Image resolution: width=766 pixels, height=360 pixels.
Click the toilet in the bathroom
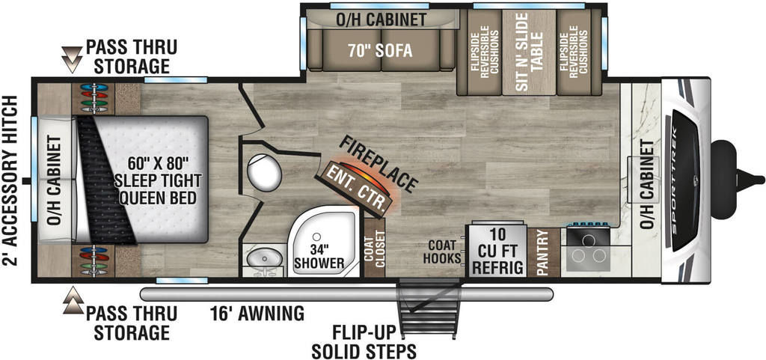pyautogui.click(x=264, y=174)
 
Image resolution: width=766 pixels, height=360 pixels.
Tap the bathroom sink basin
pyautogui.click(x=264, y=257)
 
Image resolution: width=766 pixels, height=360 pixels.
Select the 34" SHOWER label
pyautogui.click(x=319, y=256)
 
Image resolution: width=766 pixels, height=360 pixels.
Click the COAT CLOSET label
pyautogui.click(x=375, y=248)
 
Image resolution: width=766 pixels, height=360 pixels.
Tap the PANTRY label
pyautogui.click(x=543, y=252)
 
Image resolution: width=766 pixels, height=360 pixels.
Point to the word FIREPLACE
pyautogui.click(x=378, y=163)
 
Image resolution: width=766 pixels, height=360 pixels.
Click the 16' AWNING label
pyautogui.click(x=257, y=313)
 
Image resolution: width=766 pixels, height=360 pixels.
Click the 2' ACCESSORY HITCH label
pyautogui.click(x=10, y=181)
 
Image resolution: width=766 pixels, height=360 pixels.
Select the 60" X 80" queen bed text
pyautogui.click(x=158, y=181)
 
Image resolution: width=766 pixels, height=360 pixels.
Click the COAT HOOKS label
pyautogui.click(x=442, y=251)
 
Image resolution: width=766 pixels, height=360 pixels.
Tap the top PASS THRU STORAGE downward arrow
pyautogui.click(x=73, y=60)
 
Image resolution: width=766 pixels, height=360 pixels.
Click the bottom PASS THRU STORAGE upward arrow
pyautogui.click(x=73, y=301)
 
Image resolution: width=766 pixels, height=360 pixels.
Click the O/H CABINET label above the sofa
pyautogui.click(x=381, y=19)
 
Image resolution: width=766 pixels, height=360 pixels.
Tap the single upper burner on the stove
pyautogui.click(x=588, y=240)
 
